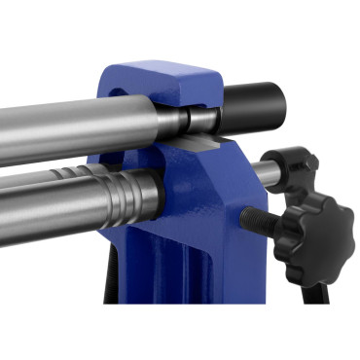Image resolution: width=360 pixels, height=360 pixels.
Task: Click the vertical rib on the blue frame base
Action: coord(195,292)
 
